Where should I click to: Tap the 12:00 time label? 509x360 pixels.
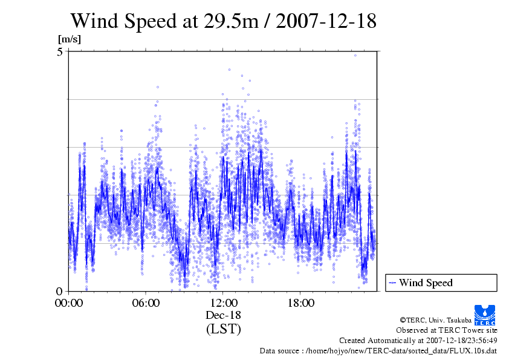click(x=223, y=303)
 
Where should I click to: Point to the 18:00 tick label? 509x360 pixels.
click(x=300, y=303)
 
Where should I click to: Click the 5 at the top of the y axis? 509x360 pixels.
click(x=60, y=52)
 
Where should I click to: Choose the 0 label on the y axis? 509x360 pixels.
click(x=60, y=291)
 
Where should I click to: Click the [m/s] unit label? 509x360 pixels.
click(x=69, y=39)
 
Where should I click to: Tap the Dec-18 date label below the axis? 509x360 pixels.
click(x=223, y=315)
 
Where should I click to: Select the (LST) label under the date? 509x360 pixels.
click(x=223, y=330)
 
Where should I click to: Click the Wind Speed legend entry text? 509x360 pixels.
click(x=426, y=283)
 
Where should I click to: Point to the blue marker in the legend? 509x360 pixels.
click(x=392, y=283)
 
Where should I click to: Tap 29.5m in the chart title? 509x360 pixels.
click(x=230, y=21)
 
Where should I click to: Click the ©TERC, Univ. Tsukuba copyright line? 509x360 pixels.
click(x=447, y=319)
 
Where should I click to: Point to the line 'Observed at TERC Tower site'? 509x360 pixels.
click(x=446, y=330)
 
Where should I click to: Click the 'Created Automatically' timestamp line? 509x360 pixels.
click(x=418, y=341)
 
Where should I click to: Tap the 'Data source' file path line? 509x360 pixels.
click(x=378, y=351)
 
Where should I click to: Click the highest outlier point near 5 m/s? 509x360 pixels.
click(x=355, y=55)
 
